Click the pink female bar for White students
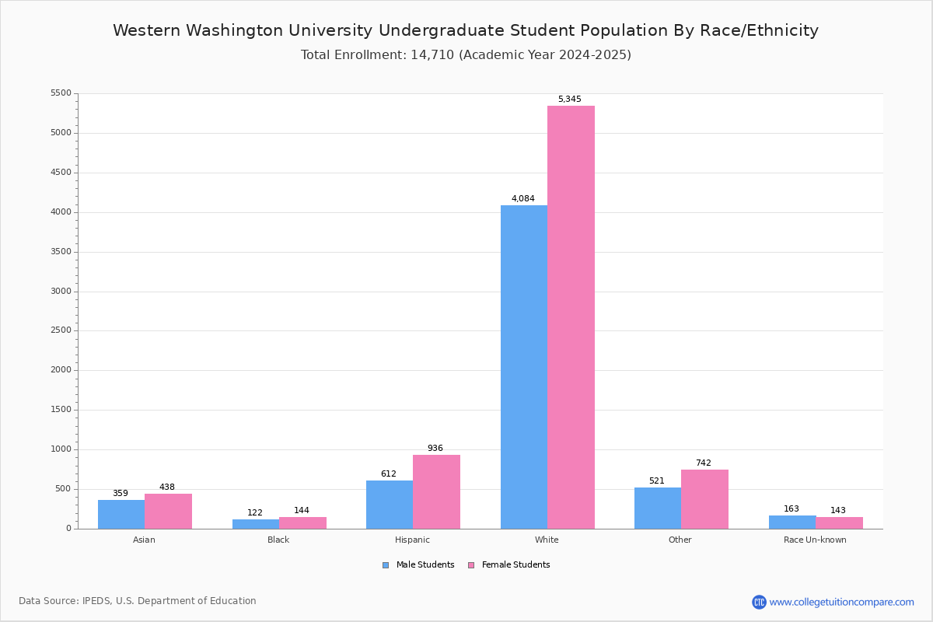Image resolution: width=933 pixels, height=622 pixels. [571, 317]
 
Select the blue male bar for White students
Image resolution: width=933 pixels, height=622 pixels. [524, 367]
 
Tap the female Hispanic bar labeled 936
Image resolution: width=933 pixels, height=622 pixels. [436, 492]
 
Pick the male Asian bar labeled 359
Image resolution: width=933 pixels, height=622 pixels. [121, 515]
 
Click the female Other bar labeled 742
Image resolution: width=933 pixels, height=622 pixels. [704, 499]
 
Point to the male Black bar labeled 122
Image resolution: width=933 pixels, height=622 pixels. [256, 524]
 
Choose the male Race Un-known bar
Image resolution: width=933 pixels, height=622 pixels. [792, 522]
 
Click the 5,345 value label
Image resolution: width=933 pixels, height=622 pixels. [569, 100]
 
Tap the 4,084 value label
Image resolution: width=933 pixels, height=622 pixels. [522, 199]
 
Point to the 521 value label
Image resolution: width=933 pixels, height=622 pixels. [657, 480]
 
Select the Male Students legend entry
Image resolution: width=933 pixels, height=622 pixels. [418, 565]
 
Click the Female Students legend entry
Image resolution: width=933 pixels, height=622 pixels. [509, 565]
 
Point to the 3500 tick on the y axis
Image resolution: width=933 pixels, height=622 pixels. [61, 252]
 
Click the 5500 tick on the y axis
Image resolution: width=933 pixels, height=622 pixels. [61, 93]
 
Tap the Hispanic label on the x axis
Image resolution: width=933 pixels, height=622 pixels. [412, 540]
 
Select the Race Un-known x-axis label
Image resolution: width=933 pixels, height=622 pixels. [815, 540]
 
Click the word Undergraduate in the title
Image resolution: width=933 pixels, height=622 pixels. [441, 31]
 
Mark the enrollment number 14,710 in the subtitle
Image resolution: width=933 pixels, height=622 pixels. [432, 55]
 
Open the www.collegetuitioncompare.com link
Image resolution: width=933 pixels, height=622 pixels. [841, 603]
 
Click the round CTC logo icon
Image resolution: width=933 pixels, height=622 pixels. [759, 602]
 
